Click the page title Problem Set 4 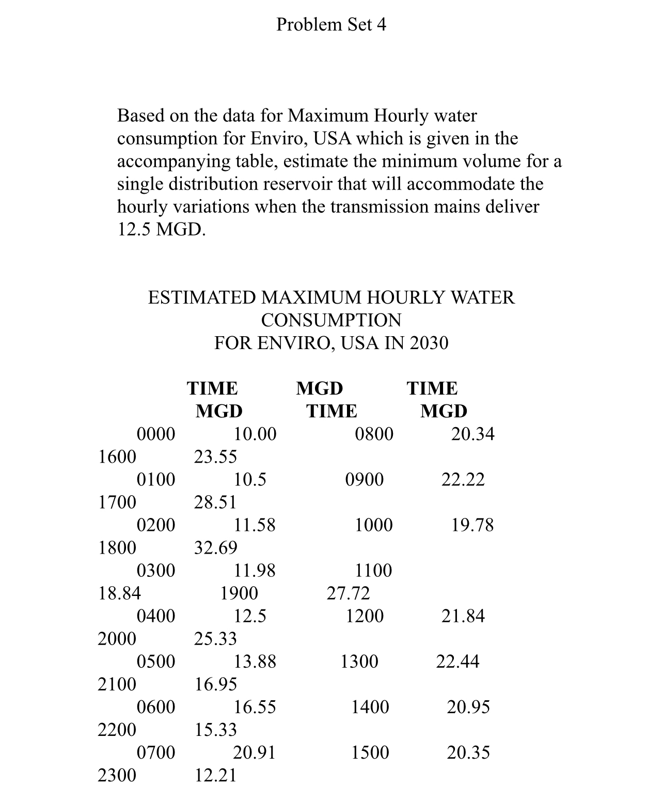coord(331,24)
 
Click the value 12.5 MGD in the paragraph coord(161,229)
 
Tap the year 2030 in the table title coord(429,343)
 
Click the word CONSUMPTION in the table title coord(331,320)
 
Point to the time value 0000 coord(155,434)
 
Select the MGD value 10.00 coord(255,434)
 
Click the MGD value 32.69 coord(215,547)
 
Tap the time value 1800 coord(117,547)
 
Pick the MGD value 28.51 coord(215,502)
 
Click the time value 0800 coord(374,434)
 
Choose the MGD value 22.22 coord(463,479)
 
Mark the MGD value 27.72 coord(349,593)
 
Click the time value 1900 coord(239,593)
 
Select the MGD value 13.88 coord(255,661)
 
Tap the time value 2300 coord(117,775)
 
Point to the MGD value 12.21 coord(215,775)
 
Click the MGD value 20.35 coord(468,752)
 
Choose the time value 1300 coord(359,661)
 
